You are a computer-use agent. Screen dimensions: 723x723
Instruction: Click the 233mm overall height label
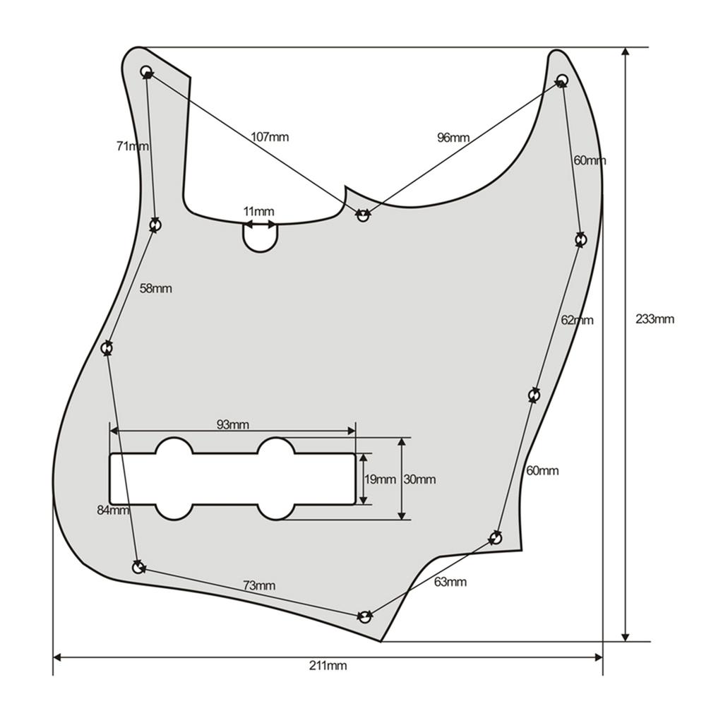point(655,318)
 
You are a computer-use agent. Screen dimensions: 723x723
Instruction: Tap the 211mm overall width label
point(328,665)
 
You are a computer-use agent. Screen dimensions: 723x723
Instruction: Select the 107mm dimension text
point(270,137)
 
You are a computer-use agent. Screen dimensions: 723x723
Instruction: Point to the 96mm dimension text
point(453,138)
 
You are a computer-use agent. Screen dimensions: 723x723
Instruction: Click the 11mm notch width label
point(258,212)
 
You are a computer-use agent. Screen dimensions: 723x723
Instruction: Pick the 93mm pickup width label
point(232,424)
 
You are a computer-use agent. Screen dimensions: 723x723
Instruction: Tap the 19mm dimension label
point(380,479)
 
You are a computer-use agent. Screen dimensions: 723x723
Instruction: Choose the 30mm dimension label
point(419,479)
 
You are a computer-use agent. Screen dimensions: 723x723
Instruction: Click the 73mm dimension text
point(259,585)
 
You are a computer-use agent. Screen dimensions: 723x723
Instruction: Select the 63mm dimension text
point(450,582)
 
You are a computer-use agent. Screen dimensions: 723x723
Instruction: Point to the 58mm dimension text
point(155,288)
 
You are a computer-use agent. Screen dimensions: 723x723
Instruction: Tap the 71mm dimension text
point(132,146)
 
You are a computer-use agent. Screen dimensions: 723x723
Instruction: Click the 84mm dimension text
point(113,510)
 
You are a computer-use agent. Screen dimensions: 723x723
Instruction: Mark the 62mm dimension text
point(577,320)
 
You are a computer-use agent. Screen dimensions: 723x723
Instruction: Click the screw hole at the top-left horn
point(147,71)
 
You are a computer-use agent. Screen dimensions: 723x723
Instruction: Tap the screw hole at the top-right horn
point(562,79)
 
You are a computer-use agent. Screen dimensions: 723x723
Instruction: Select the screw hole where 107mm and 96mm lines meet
point(363,215)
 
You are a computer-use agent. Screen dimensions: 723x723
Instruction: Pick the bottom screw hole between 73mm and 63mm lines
point(364,617)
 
